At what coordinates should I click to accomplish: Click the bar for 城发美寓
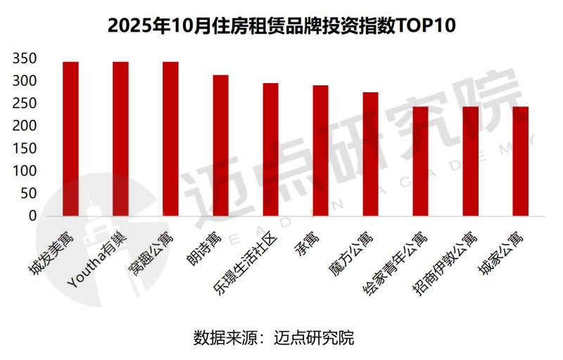pos(70,139)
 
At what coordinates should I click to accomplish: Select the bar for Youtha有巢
pos(120,139)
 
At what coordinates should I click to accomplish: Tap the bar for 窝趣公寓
pos(170,139)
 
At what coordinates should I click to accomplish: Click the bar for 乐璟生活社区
pos(270,149)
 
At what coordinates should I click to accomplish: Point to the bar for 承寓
pos(320,151)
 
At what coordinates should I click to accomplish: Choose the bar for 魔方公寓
pos(370,154)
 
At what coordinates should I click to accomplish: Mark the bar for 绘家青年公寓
pos(420,161)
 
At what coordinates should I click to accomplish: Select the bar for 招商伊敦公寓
pos(470,161)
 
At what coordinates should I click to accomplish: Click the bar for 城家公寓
pos(520,161)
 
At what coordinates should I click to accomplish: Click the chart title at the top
pos(281,25)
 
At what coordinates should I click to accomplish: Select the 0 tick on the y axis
pos(32,216)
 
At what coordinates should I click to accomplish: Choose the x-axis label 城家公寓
pos(502,254)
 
